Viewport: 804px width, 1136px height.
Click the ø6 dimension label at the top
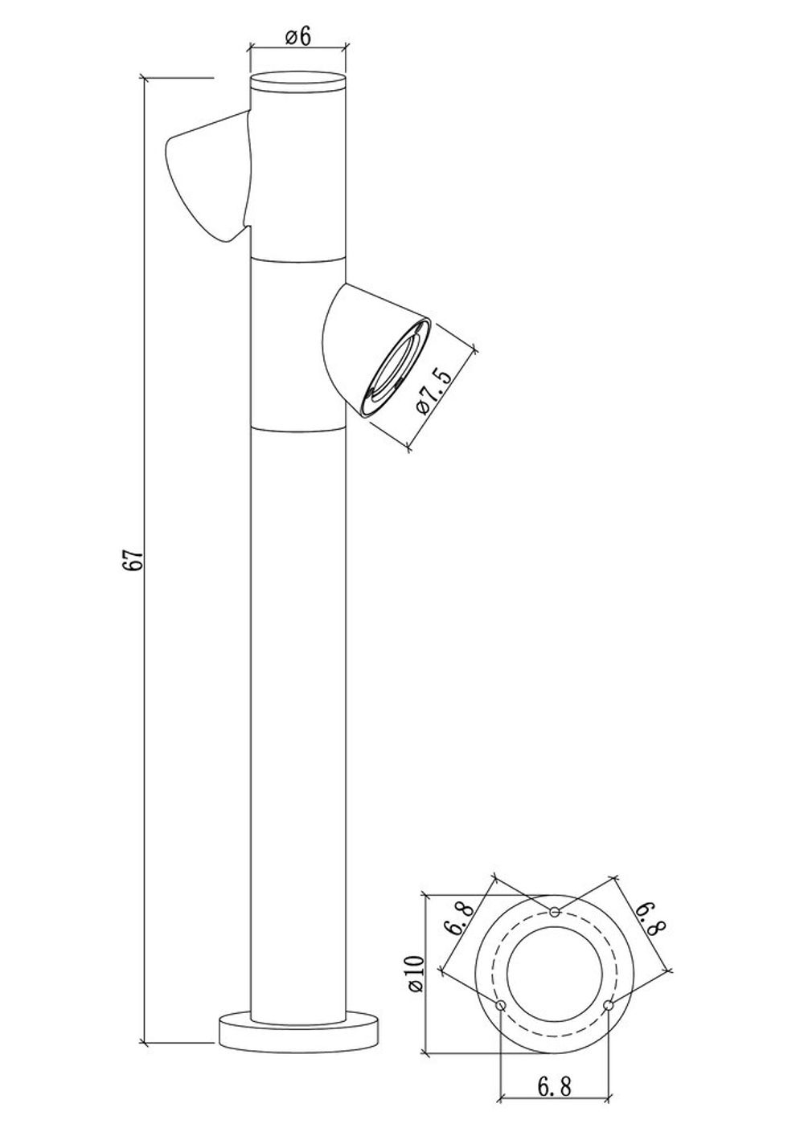tap(297, 37)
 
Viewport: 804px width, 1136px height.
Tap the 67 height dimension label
tap(135, 560)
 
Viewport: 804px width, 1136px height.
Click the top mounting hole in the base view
tap(555, 911)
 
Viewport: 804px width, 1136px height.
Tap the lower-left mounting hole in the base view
tap(501, 1005)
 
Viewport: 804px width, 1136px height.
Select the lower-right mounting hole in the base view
tap(609, 1005)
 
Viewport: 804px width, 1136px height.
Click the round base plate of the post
tap(298, 1031)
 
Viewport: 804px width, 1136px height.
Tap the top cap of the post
tap(298, 84)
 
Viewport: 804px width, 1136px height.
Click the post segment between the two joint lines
tap(298, 341)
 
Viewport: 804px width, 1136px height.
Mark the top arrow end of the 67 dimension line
tap(144, 79)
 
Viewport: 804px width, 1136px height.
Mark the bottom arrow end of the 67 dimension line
tap(144, 1044)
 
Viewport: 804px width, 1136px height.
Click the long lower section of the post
tap(298, 723)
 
